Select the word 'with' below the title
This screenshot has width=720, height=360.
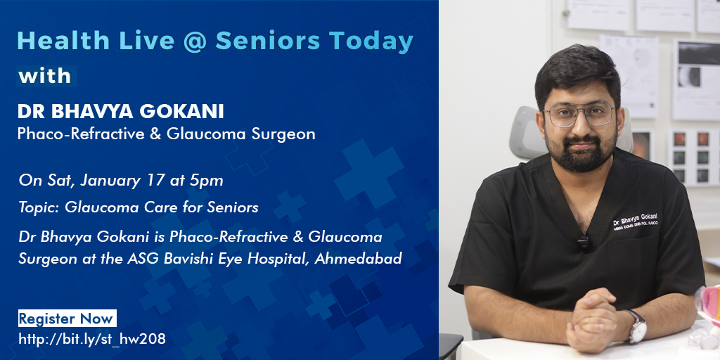(x=45, y=75)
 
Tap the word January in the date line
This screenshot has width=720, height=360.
(x=110, y=180)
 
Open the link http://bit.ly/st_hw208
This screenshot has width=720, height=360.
(x=92, y=339)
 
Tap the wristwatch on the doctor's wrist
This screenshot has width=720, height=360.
(x=636, y=326)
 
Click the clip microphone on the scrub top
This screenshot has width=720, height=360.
(x=583, y=243)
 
